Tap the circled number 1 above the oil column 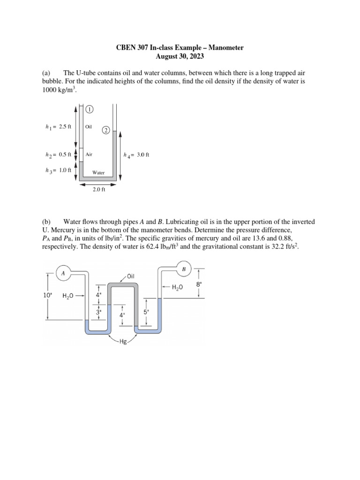click(x=90, y=109)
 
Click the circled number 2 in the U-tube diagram click(x=106, y=129)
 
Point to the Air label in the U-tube click(x=89, y=154)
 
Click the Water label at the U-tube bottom click(x=98, y=172)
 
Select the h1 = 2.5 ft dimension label click(x=58, y=127)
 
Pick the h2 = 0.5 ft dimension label click(x=58, y=154)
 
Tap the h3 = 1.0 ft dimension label click(x=58, y=170)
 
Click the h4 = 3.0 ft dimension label click(x=136, y=155)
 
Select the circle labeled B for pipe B click(x=183, y=269)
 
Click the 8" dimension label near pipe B click(x=199, y=284)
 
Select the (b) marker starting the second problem click(x=46, y=221)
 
